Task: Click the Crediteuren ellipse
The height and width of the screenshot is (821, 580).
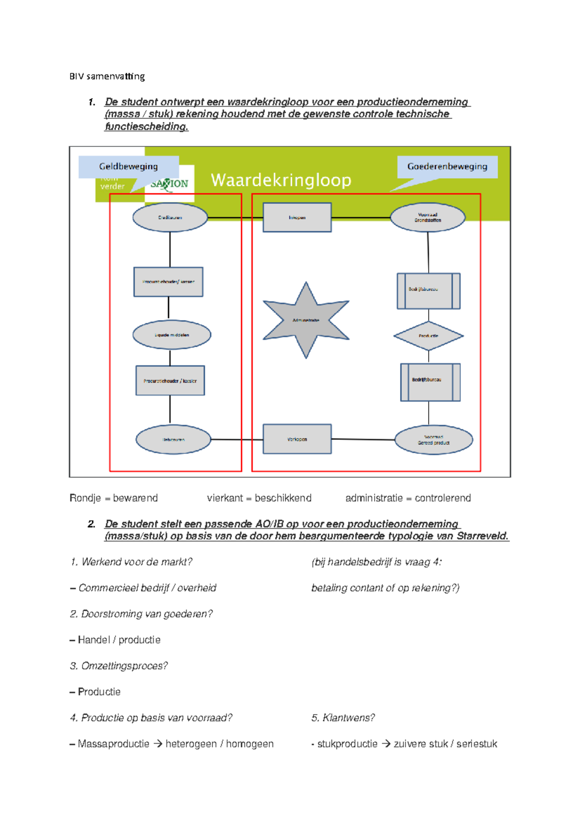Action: pyautogui.click(x=170, y=218)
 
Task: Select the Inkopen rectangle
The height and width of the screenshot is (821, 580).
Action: pyautogui.click(x=297, y=218)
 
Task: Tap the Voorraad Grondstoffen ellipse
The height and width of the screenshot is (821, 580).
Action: pyautogui.click(x=427, y=218)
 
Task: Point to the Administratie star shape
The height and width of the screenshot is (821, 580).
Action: pyautogui.click(x=305, y=320)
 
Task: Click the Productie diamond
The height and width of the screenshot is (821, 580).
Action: pyautogui.click(x=428, y=336)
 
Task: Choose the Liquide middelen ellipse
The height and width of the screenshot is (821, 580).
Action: pyautogui.click(x=172, y=335)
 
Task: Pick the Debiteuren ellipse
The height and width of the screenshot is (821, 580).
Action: pyautogui.click(x=173, y=440)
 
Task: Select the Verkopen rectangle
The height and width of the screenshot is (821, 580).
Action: pyautogui.click(x=297, y=439)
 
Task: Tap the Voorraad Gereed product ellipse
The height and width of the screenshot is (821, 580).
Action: pyautogui.click(x=434, y=440)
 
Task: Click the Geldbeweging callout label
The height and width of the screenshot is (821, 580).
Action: pyautogui.click(x=129, y=167)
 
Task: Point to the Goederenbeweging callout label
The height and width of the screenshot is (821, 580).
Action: pyautogui.click(x=447, y=167)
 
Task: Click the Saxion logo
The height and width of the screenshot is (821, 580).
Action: pyautogui.click(x=169, y=184)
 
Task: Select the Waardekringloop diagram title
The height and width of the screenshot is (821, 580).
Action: pyautogui.click(x=281, y=180)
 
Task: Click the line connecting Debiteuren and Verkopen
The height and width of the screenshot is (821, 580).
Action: pyautogui.click(x=237, y=440)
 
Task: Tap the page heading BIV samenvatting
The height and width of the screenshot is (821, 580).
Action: pyautogui.click(x=107, y=76)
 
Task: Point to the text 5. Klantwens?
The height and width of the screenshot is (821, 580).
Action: pyautogui.click(x=343, y=718)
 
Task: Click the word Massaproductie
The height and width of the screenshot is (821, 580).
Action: pyautogui.click(x=113, y=744)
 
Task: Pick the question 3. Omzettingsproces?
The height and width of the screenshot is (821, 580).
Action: pyautogui.click(x=119, y=666)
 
